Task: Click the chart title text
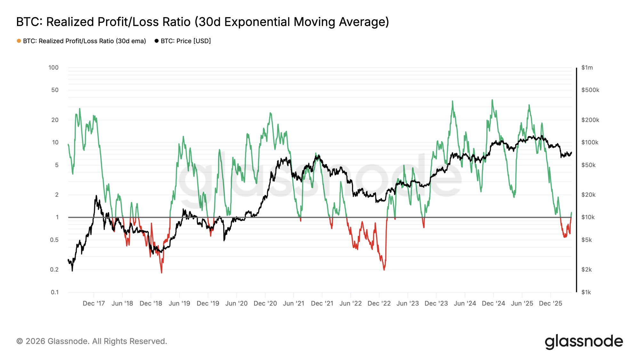tap(202, 22)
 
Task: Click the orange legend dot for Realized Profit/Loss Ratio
tap(19, 41)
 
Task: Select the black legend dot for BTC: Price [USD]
tap(156, 41)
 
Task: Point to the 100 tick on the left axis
tap(53, 68)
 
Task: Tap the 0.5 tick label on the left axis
tap(54, 240)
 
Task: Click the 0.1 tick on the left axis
tap(55, 292)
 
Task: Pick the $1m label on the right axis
tap(587, 68)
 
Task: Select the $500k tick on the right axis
tap(590, 90)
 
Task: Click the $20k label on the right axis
tap(588, 195)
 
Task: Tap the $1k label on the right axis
tap(586, 292)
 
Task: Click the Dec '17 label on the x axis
tap(94, 303)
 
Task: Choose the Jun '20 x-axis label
tap(236, 303)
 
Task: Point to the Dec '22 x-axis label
tap(379, 303)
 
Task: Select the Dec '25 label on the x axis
tap(550, 303)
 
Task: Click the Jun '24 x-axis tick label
tap(465, 303)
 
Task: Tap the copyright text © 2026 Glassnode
tap(92, 341)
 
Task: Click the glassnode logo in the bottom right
tap(584, 341)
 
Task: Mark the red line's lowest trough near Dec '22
tap(384, 270)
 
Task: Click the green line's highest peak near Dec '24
tap(492, 100)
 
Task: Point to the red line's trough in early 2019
tap(162, 273)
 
